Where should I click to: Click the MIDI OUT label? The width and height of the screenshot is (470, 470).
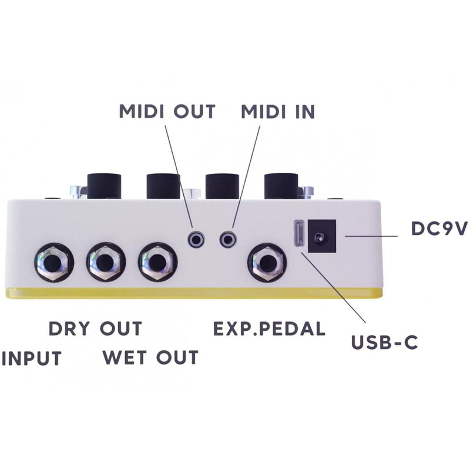(167, 111)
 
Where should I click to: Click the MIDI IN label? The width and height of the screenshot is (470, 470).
(278, 111)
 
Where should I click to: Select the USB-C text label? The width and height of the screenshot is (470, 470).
(384, 342)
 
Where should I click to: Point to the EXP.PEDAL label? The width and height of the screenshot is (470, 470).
(268, 328)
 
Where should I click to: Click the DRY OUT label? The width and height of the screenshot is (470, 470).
(95, 328)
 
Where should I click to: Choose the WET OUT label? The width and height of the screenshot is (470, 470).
(150, 357)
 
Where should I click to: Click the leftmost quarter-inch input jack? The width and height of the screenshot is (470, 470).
(53, 262)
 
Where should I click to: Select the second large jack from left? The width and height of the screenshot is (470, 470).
(106, 262)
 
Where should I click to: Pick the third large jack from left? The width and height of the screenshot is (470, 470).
(157, 262)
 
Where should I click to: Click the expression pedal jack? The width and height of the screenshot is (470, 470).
(266, 262)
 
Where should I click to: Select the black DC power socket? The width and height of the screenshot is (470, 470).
(321, 236)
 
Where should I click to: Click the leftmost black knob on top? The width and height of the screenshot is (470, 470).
(105, 186)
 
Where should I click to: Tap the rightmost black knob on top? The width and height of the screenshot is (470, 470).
(281, 186)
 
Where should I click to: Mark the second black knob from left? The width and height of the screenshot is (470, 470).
(163, 186)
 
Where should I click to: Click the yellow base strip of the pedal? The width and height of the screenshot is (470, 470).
(194, 293)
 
